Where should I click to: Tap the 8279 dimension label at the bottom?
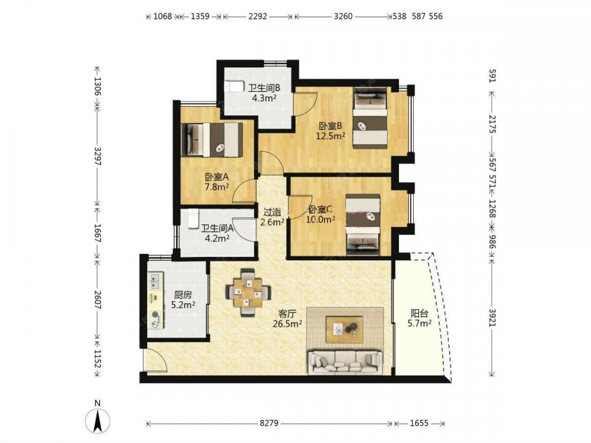pyautogui.click(x=269, y=423)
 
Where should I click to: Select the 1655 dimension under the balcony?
pyautogui.click(x=419, y=423)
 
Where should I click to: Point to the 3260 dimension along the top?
pyautogui.click(x=343, y=16)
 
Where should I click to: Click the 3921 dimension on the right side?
pyautogui.click(x=492, y=318)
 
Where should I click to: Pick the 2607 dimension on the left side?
pyautogui.click(x=98, y=300)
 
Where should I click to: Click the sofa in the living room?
pyautogui.click(x=345, y=363)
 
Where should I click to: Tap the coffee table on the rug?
pyautogui.click(x=345, y=329)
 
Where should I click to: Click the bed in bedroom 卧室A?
pyautogui.click(x=212, y=139)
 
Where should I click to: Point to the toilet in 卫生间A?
pyautogui.click(x=193, y=219)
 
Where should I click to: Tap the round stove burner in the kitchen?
pyautogui.click(x=155, y=315)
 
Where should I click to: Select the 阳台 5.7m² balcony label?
pyautogui.click(x=420, y=318)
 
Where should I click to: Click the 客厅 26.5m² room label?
pyautogui.click(x=287, y=319)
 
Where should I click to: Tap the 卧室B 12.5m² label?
pyautogui.click(x=330, y=131)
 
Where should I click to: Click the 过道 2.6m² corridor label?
pyautogui.click(x=272, y=217)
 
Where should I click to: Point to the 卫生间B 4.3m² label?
pyautogui.click(x=264, y=93)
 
